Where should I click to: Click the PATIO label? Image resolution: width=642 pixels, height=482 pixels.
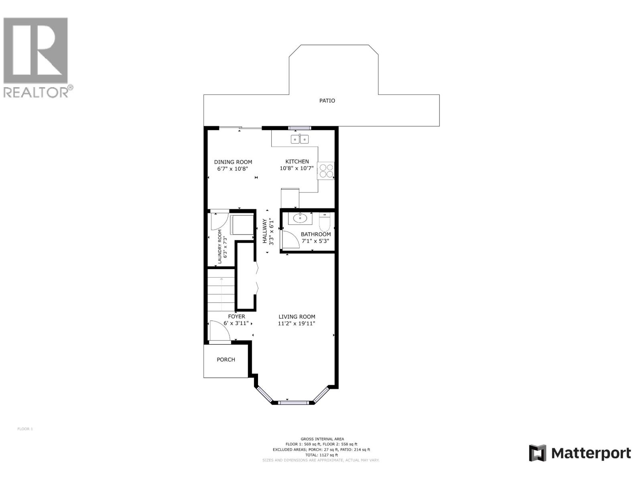(x=327, y=101)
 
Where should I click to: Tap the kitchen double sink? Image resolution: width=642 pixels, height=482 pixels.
(x=300, y=139)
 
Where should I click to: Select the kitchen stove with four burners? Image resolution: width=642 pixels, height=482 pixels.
(x=326, y=171)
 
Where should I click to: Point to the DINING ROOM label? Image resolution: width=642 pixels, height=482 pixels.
(x=233, y=162)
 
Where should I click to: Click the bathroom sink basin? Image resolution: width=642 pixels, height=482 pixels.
(x=300, y=219)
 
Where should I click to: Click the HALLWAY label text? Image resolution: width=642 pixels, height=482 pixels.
(x=265, y=231)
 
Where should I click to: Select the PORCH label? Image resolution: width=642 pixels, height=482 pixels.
(x=226, y=359)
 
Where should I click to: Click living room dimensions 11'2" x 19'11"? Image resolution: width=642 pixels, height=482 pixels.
(x=297, y=323)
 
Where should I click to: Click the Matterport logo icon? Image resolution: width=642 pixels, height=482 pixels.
(x=537, y=453)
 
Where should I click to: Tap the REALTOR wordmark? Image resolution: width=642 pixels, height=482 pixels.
(x=38, y=92)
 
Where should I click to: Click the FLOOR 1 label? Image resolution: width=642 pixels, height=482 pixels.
(x=25, y=429)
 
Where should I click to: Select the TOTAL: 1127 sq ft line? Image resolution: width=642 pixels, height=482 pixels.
(x=321, y=455)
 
